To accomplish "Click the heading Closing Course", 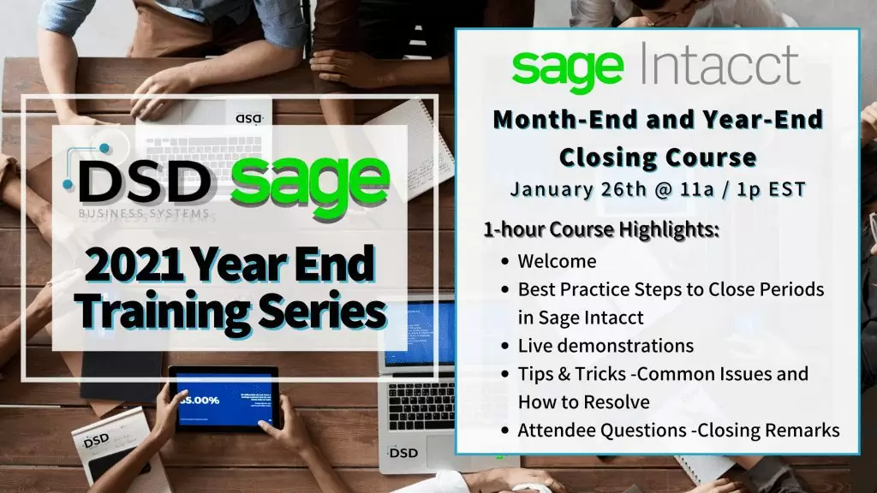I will pyautogui.click(x=658, y=157).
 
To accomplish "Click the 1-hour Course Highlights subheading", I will pyautogui.click(x=600, y=230).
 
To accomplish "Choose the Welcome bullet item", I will pyautogui.click(x=557, y=261).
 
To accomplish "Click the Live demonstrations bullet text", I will pyautogui.click(x=606, y=346).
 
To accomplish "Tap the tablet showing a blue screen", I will pyautogui.click(x=224, y=399).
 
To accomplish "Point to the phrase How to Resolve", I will pyautogui.click(x=583, y=401).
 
